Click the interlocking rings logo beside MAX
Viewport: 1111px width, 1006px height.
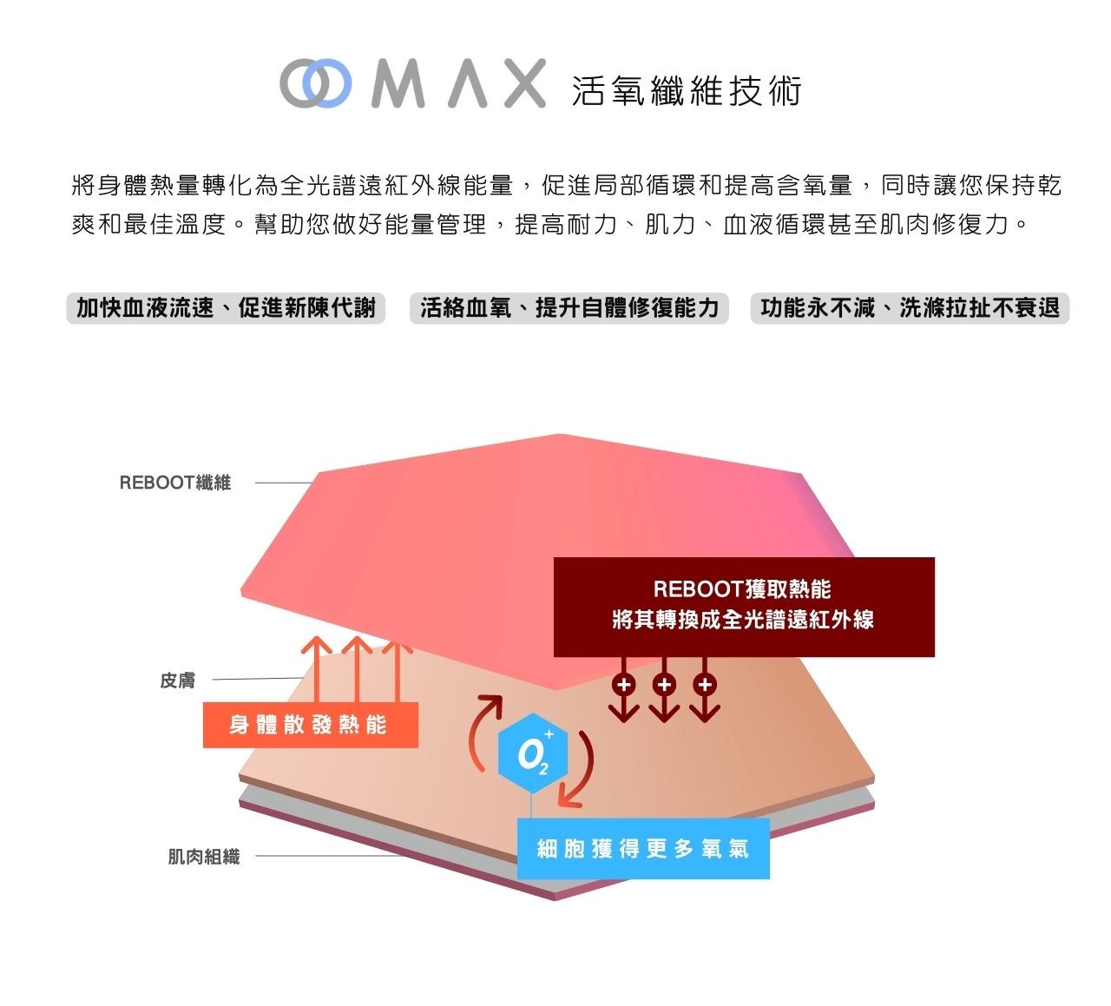pyautogui.click(x=316, y=84)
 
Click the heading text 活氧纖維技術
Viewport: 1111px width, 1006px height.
pyautogui.click(x=686, y=90)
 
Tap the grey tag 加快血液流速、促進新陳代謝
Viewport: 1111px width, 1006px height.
pyautogui.click(x=226, y=308)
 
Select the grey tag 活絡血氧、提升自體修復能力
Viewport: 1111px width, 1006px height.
pyautogui.click(x=569, y=308)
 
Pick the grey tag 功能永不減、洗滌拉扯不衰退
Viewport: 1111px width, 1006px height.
pyautogui.click(x=910, y=308)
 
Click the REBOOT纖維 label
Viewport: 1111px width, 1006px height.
pyautogui.click(x=175, y=483)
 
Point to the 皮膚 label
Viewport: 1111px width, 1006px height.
pyautogui.click(x=178, y=681)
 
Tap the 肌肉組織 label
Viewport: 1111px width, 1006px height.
pyautogui.click(x=203, y=857)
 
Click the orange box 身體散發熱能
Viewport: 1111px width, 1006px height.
pyautogui.click(x=310, y=725)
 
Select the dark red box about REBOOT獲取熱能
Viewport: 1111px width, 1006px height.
pyautogui.click(x=744, y=606)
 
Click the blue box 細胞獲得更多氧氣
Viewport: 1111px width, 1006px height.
pyautogui.click(x=643, y=849)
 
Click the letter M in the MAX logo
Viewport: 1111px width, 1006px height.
pyautogui.click(x=398, y=84)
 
